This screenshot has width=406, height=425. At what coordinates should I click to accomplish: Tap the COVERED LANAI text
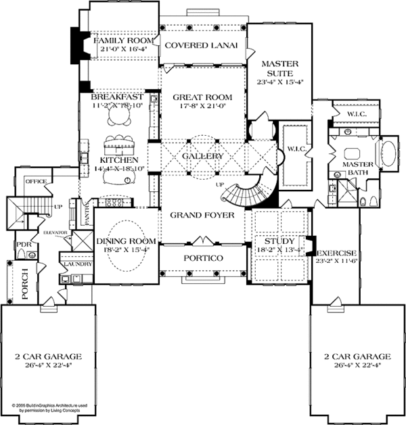(203, 45)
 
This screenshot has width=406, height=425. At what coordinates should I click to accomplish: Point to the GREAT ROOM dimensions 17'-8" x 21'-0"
(203, 105)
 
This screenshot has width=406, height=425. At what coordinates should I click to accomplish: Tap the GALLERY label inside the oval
(203, 156)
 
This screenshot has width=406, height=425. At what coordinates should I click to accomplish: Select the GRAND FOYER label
(202, 216)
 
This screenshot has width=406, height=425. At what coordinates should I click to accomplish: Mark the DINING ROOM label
(127, 241)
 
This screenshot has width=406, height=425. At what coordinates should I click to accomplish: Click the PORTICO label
(203, 258)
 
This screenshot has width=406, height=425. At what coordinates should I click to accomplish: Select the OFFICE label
(35, 182)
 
